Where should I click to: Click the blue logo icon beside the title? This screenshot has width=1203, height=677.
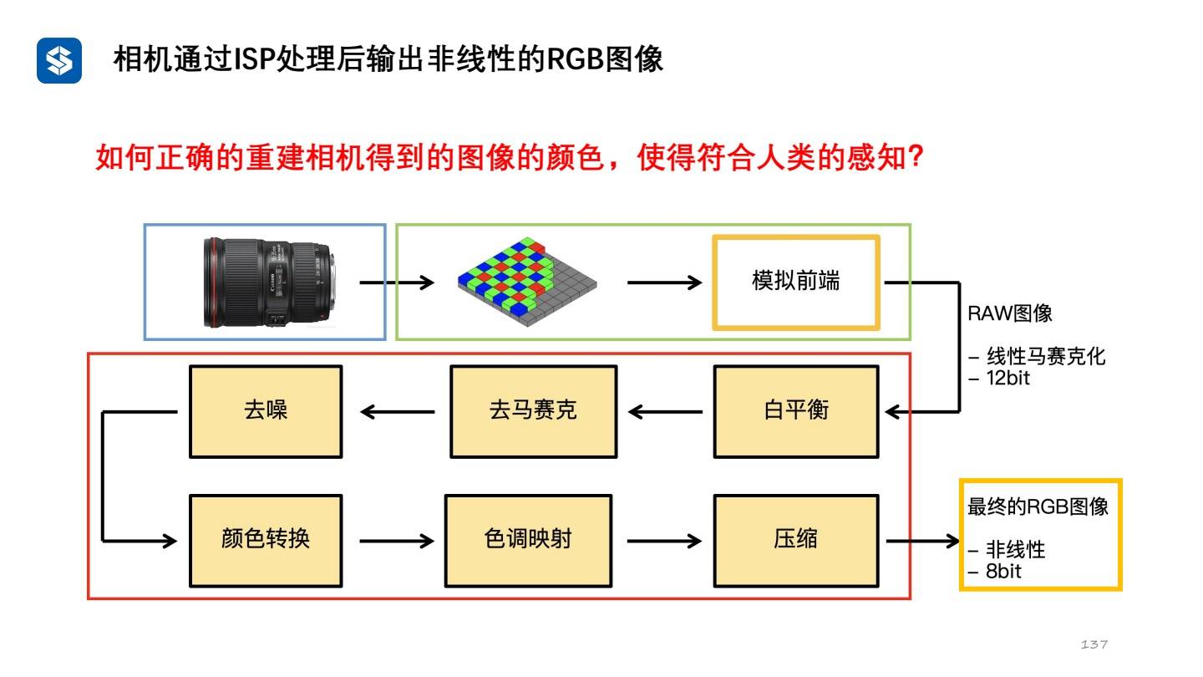58,60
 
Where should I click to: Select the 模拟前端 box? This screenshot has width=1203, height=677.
795,283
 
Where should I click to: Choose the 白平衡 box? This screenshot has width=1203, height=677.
795,411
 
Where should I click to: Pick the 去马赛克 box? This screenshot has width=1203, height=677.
533,411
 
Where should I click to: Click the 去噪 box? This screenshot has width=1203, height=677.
266,411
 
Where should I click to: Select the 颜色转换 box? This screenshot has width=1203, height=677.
266,539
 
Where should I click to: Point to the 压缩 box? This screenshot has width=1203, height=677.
795,539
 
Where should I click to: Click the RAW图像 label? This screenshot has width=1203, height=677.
1009,314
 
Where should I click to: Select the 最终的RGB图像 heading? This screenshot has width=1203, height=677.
1038,506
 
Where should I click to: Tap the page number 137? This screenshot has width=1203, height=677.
1094,644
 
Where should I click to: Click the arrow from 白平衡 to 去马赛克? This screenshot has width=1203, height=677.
665,411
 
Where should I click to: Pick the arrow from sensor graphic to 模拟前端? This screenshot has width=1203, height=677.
664,283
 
